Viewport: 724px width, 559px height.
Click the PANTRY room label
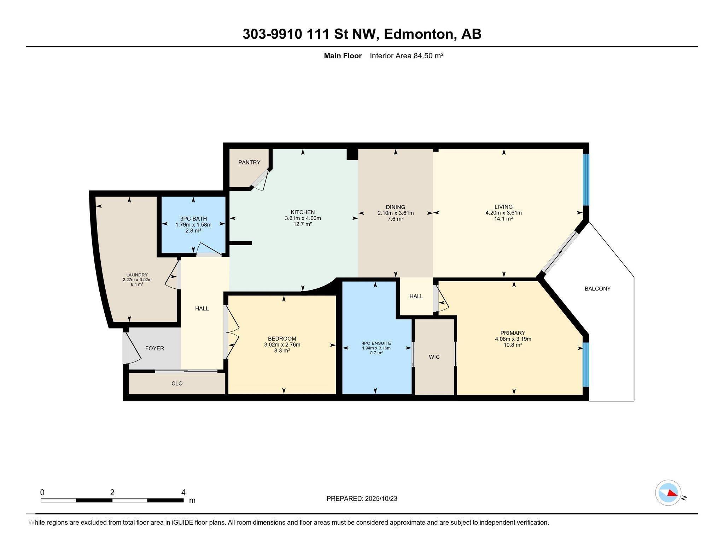tap(249, 163)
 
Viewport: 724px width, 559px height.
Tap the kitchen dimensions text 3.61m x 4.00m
tap(303, 218)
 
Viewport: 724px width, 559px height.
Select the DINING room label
tap(395, 207)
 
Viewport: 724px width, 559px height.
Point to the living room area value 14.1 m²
tap(503, 219)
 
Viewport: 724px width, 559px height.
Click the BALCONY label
tap(597, 289)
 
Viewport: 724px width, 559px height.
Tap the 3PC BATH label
tap(193, 219)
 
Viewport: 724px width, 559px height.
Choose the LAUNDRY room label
tap(137, 275)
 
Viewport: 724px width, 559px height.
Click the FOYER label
tap(154, 348)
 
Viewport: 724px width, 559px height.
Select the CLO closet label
tap(177, 383)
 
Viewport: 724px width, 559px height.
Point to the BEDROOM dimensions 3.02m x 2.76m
tap(282, 345)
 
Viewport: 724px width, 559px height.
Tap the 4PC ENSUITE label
tap(376, 343)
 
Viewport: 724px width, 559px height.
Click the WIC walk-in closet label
tap(434, 357)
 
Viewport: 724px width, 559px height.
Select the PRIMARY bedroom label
tap(513, 333)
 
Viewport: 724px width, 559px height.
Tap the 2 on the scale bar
tap(112, 493)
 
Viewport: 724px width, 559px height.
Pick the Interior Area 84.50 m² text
tap(407, 56)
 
